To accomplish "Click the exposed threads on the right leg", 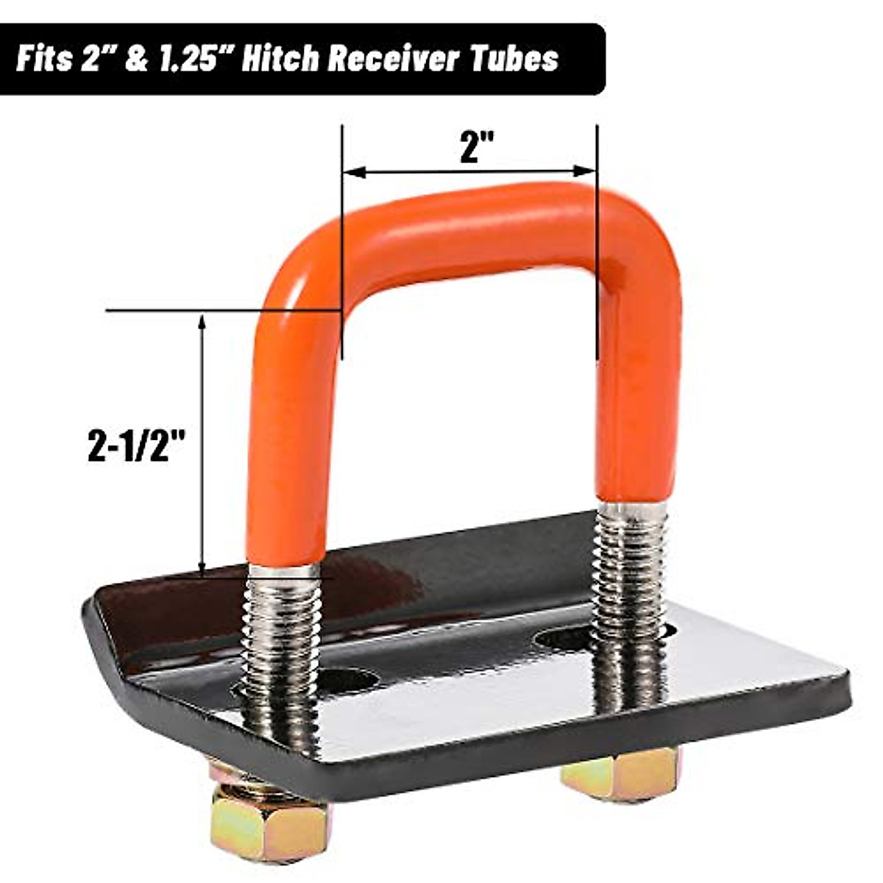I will click(x=631, y=574).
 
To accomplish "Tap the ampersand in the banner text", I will click(x=135, y=59).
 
